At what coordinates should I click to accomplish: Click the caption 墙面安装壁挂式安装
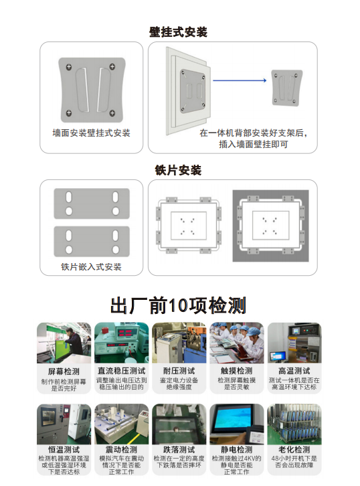[92, 133]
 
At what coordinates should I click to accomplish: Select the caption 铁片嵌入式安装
[92, 267]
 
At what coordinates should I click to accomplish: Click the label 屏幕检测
[64, 371]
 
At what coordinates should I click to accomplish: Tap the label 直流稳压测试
[121, 371]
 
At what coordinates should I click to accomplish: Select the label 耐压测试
[179, 371]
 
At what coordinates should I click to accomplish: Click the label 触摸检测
[236, 371]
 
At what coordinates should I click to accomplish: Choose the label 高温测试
[294, 371]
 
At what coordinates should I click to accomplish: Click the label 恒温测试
[64, 450]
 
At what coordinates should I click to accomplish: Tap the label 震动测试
[121, 450]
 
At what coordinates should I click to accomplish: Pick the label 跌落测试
[179, 450]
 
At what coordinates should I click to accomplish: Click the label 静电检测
[236, 450]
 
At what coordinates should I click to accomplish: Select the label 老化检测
[294, 450]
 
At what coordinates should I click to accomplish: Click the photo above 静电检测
[236, 423]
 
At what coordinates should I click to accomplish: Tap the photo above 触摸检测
[236, 343]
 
